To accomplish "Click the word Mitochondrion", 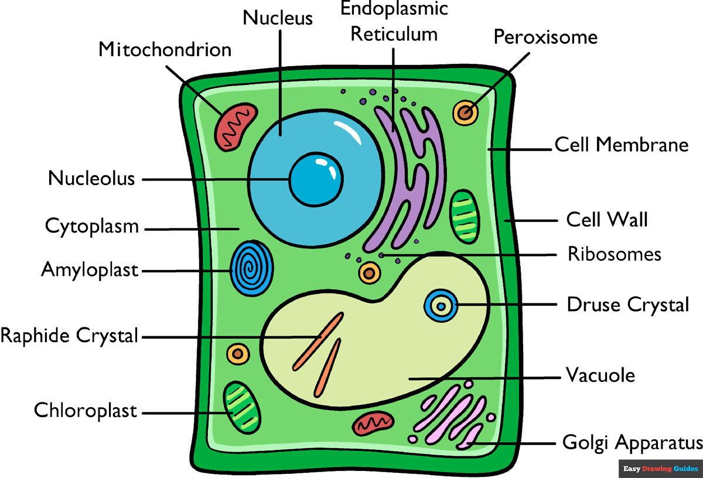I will click(165, 49).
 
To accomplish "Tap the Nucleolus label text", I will click(91, 178).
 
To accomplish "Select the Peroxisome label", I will click(545, 37).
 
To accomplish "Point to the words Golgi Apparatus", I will click(632, 442).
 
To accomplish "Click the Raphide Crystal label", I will click(69, 336).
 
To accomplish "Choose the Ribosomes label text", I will click(614, 254).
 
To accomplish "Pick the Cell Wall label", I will click(606, 220).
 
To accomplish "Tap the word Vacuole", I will click(600, 375).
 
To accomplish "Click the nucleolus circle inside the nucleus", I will click(316, 179).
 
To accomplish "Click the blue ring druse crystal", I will click(441, 306).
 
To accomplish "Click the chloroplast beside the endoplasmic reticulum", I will click(465, 215).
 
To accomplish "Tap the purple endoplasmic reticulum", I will click(404, 170).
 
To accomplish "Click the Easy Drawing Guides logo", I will click(660, 469).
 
